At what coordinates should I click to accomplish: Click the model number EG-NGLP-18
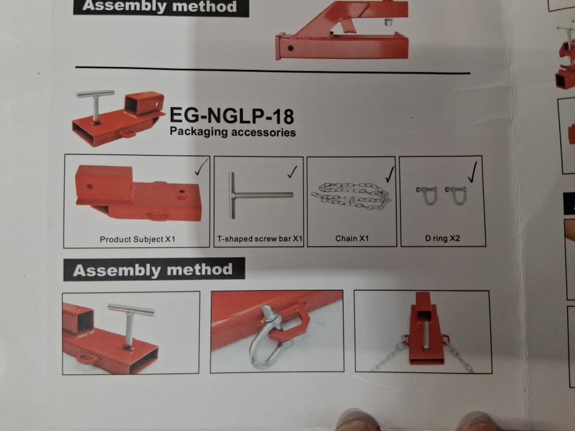[x=232, y=116]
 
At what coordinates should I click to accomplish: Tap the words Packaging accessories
[x=232, y=132]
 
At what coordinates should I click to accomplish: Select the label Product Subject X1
[x=138, y=239]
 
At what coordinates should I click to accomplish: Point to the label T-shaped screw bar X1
[x=259, y=239]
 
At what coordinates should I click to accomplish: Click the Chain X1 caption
[x=352, y=239]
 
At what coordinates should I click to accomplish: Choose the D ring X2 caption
[x=442, y=238]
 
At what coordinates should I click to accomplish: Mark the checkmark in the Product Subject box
[x=201, y=167]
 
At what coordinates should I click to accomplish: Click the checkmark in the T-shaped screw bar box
[x=292, y=172]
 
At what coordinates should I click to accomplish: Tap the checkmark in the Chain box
[x=389, y=174]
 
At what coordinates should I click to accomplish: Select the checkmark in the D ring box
[x=473, y=172]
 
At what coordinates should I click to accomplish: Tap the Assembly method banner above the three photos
[x=154, y=270]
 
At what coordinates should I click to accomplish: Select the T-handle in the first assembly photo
[x=130, y=323]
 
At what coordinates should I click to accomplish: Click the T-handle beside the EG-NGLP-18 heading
[x=95, y=105]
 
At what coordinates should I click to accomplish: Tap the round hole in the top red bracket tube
[x=290, y=48]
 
